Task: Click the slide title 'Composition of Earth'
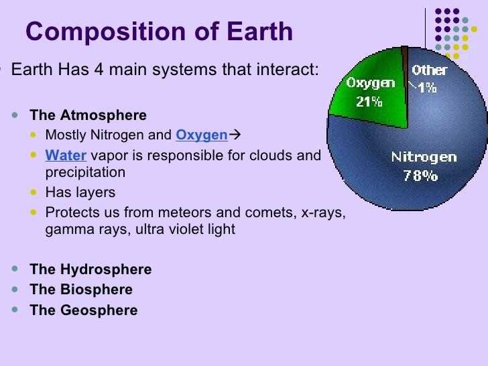(x=159, y=32)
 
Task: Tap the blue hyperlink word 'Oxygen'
(x=201, y=135)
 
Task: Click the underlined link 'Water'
(x=66, y=156)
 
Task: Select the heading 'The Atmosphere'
(x=88, y=115)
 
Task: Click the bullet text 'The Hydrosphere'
(x=90, y=269)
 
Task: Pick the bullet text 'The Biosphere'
(x=81, y=290)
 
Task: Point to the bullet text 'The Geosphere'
(x=84, y=310)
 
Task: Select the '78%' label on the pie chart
(x=420, y=176)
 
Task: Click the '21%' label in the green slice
(x=369, y=102)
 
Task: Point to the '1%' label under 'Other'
(x=429, y=86)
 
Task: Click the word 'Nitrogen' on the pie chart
(x=424, y=158)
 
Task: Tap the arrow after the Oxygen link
(x=235, y=135)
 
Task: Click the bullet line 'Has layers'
(x=80, y=192)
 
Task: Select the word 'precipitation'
(x=85, y=172)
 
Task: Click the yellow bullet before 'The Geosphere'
(x=16, y=310)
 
